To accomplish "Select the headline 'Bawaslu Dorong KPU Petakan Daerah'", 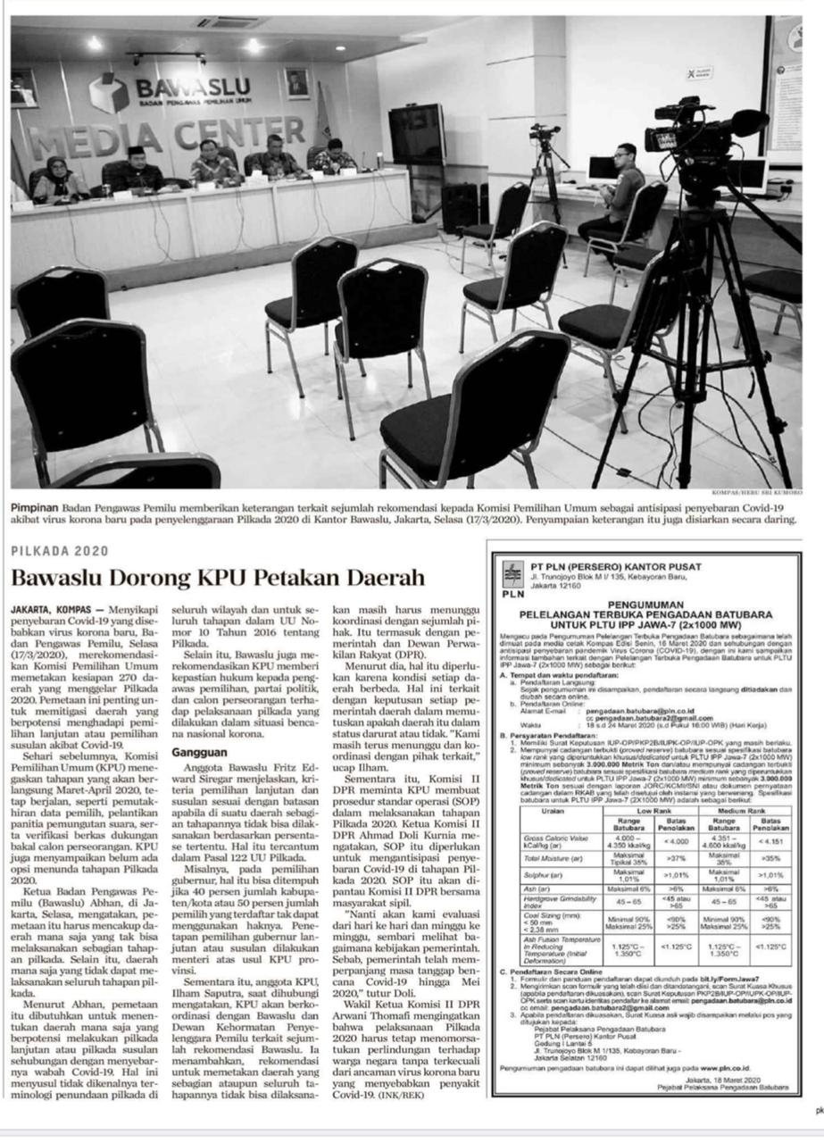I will coord(218,577).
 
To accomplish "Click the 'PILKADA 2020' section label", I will coord(59,551).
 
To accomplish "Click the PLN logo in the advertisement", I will coord(512,578).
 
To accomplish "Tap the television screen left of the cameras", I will coord(416,133).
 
